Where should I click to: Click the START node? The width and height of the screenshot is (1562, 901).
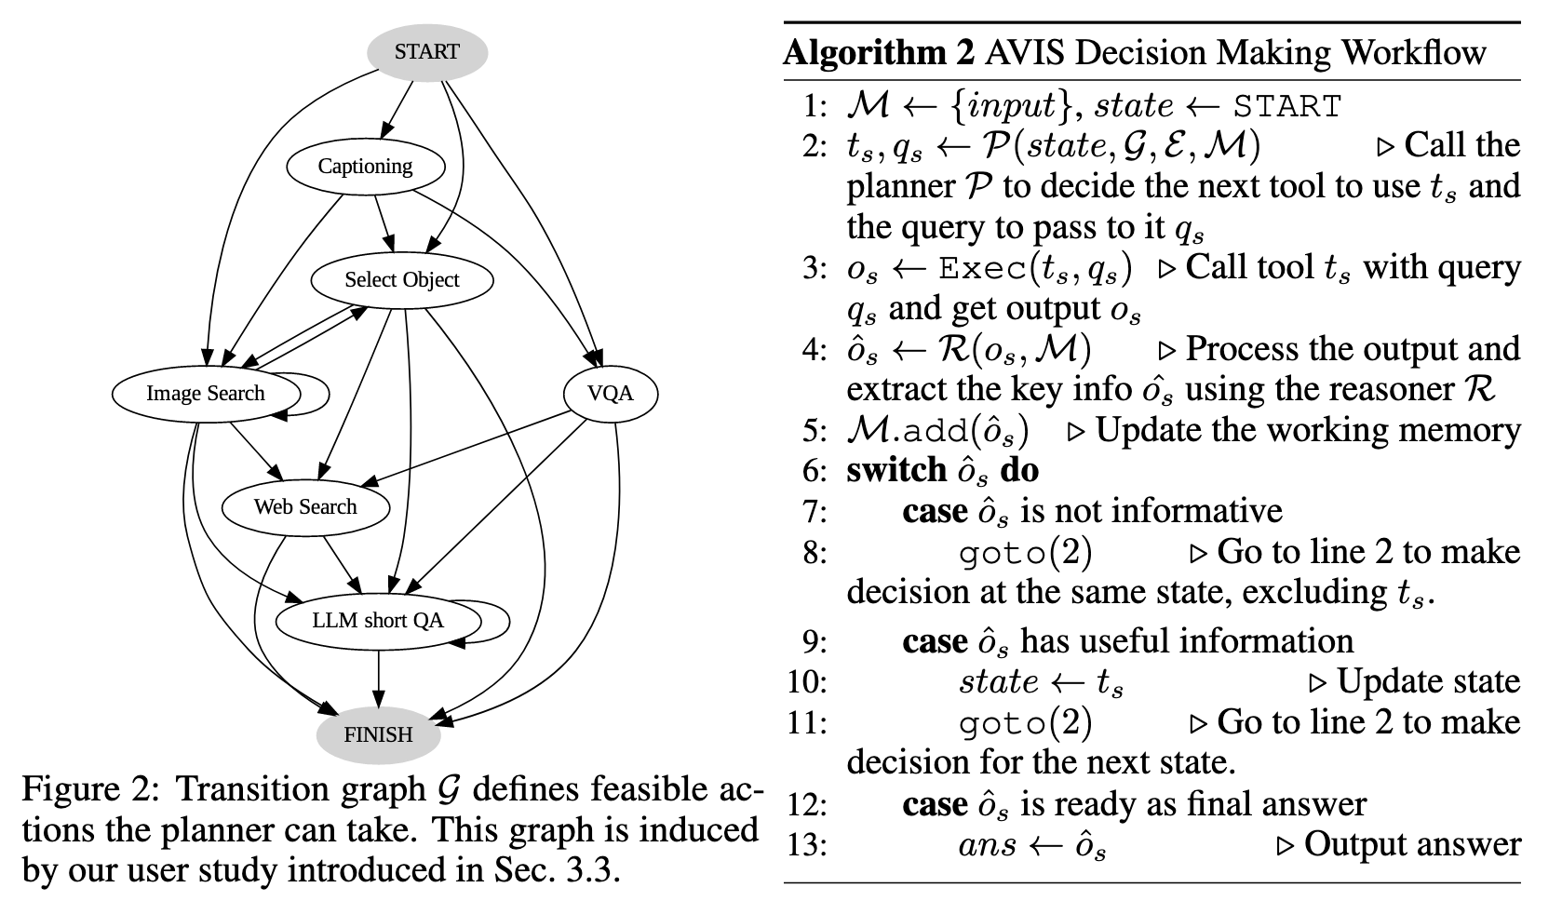(426, 52)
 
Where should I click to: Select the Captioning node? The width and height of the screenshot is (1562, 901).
(365, 167)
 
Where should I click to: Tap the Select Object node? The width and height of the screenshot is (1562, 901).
(401, 280)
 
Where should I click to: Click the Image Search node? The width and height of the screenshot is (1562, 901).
(206, 394)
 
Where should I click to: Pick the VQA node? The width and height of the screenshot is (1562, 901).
(611, 394)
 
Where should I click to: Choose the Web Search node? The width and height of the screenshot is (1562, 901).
(305, 507)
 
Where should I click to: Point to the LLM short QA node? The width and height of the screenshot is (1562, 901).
(377, 621)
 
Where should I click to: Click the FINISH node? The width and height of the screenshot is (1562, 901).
(378, 734)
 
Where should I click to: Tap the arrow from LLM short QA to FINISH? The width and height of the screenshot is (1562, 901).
(378, 678)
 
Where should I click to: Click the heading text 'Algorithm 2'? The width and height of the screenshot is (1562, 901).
(878, 52)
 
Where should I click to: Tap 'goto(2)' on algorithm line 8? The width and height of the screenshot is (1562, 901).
(1025, 553)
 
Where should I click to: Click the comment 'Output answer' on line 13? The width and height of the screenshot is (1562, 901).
(1411, 844)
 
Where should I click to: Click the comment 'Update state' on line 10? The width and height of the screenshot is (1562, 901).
(1428, 682)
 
